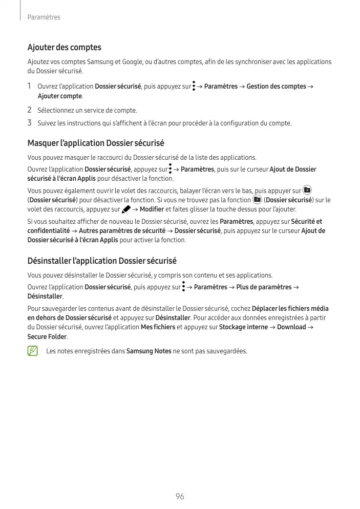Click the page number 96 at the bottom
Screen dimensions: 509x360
tap(180, 496)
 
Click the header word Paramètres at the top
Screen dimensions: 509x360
tap(44, 17)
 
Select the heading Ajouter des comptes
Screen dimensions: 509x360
tap(64, 48)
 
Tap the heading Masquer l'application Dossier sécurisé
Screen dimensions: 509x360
tap(95, 143)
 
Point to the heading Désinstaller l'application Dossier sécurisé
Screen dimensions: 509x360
tap(102, 261)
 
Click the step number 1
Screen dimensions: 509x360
tap(30, 86)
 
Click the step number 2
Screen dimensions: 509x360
tap(30, 110)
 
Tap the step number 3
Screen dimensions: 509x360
tap(30, 123)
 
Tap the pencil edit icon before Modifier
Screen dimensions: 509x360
tap(126, 209)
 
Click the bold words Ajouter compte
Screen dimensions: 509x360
tap(60, 96)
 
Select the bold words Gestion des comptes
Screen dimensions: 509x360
tap(276, 87)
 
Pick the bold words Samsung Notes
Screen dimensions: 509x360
tap(149, 351)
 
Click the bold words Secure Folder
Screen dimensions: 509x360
tap(47, 337)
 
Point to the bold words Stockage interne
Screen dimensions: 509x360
tap(243, 327)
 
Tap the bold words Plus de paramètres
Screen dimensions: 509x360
tap(263, 287)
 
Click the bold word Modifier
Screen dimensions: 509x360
tap(152, 209)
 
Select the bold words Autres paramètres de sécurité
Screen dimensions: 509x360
tap(122, 231)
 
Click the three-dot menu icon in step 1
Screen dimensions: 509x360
tap(195, 87)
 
